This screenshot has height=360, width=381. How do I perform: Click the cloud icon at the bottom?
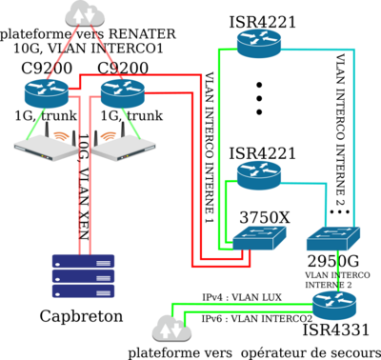(171, 330)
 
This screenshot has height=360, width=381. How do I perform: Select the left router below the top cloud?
(47, 93)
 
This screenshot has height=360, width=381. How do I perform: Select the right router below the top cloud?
(122, 93)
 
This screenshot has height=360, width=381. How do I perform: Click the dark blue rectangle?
(83, 275)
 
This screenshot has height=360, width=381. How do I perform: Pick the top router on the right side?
(259, 43)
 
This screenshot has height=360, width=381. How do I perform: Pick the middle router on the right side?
(259, 175)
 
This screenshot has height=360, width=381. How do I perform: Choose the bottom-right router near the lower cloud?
(333, 304)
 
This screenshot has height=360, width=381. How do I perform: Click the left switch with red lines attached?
(259, 237)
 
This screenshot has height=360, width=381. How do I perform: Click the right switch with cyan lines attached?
(333, 237)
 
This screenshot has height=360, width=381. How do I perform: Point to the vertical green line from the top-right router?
(220, 105)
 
